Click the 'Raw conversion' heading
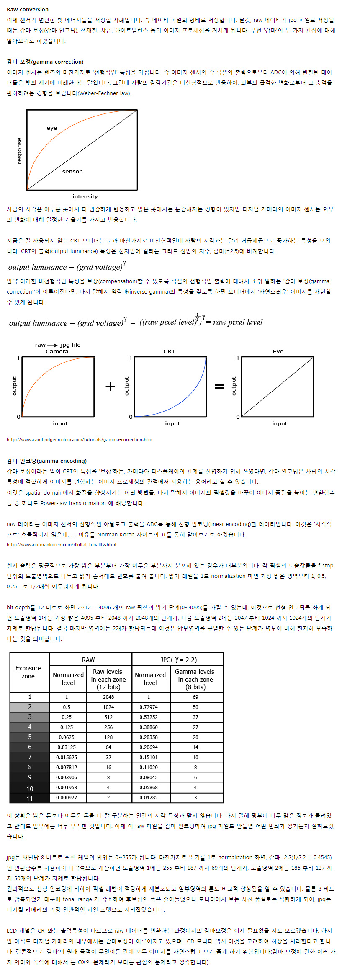click(x=28, y=9)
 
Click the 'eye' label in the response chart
click(x=52, y=128)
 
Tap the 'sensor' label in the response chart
click(x=72, y=171)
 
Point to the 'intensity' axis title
click(x=85, y=196)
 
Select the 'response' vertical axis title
click(x=19, y=151)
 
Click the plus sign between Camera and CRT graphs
click(x=110, y=386)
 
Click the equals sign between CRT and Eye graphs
click(x=219, y=386)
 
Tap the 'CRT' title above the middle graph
click(x=169, y=351)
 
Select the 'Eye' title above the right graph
click(x=278, y=351)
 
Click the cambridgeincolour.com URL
click(x=80, y=439)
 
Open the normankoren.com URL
click(x=62, y=544)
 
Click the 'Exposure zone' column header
click(x=28, y=672)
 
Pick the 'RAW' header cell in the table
click(x=88, y=660)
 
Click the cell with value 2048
click(x=108, y=697)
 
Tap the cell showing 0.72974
click(x=149, y=707)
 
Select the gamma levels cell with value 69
click(x=195, y=697)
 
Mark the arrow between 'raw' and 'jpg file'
click(x=53, y=345)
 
